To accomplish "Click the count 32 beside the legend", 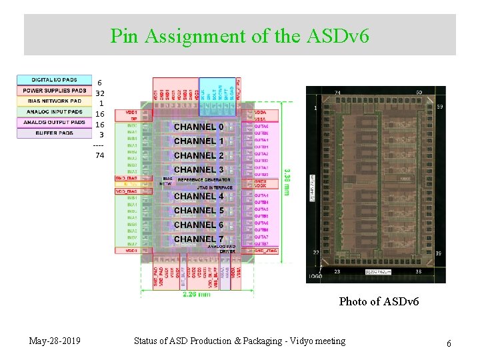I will pyautogui.click(x=100, y=93).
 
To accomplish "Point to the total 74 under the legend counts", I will pyautogui.click(x=99, y=155).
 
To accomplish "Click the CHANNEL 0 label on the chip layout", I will pyautogui.click(x=199, y=127).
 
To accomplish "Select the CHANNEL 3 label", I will pyautogui.click(x=199, y=169).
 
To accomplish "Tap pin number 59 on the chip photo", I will pyautogui.click(x=439, y=107).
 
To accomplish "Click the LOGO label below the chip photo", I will pyautogui.click(x=316, y=276).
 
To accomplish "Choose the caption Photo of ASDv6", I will pyautogui.click(x=379, y=301).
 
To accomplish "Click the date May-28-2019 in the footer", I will pyautogui.click(x=55, y=341).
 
